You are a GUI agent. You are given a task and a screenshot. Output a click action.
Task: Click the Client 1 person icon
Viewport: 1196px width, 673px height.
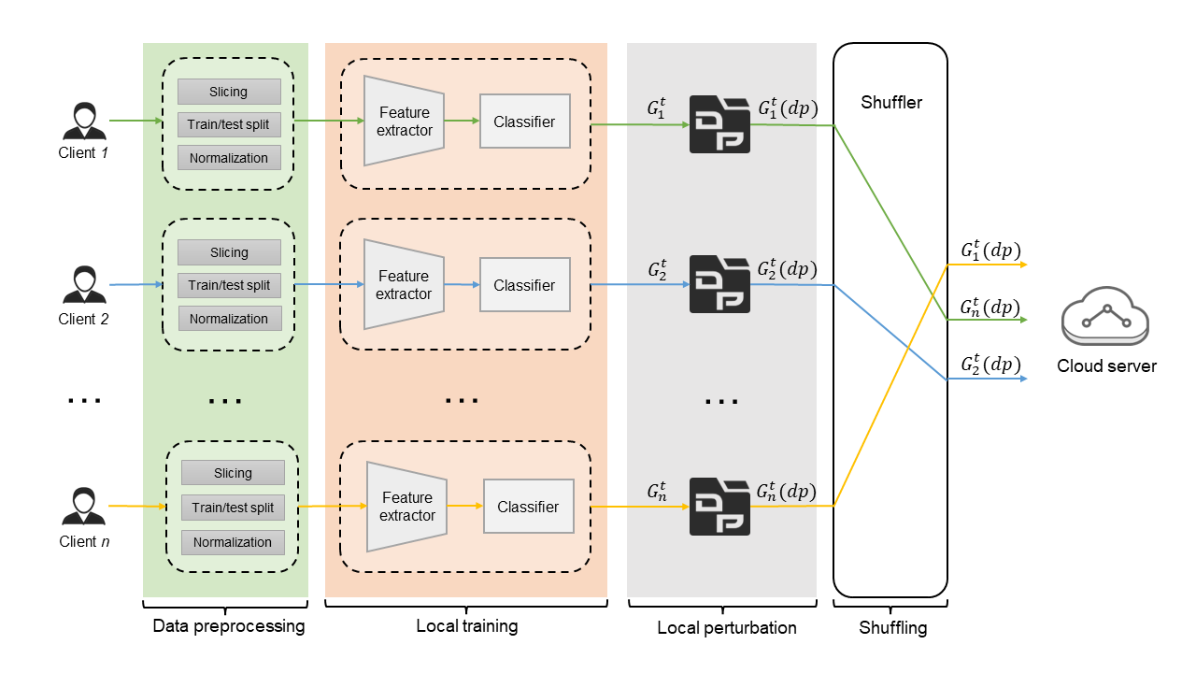click(x=84, y=122)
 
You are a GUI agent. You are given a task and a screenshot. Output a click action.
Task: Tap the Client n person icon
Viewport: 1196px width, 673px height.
click(x=84, y=508)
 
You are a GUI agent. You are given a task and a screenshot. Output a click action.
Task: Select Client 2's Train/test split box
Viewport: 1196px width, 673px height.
click(x=229, y=285)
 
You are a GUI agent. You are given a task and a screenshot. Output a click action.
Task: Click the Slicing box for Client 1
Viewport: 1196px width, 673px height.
click(x=229, y=92)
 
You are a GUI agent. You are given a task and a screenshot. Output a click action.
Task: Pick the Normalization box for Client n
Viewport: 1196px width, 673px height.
click(x=232, y=542)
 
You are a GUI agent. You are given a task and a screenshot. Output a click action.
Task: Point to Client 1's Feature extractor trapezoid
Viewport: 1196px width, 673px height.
click(x=404, y=121)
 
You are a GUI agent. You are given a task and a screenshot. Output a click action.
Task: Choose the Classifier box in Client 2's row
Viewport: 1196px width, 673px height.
click(x=524, y=285)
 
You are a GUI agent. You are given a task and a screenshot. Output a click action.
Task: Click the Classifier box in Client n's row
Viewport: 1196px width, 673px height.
click(x=528, y=507)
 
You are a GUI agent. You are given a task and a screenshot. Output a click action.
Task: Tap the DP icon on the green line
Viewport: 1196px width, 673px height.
click(x=719, y=124)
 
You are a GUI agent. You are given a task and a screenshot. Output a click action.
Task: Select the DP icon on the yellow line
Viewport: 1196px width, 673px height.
click(x=719, y=507)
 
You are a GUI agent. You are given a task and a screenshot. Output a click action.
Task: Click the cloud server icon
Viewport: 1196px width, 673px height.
click(x=1105, y=318)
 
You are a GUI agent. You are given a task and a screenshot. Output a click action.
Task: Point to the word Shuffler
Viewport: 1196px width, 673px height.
click(x=891, y=103)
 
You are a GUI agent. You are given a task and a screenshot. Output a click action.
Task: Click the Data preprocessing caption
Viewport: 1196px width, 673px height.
click(x=228, y=626)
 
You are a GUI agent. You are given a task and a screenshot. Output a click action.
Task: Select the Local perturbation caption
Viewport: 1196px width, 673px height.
click(x=727, y=627)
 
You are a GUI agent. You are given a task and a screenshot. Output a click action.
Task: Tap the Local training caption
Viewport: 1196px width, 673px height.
click(x=466, y=626)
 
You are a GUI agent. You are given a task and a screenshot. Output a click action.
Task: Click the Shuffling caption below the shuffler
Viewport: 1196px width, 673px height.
click(x=893, y=627)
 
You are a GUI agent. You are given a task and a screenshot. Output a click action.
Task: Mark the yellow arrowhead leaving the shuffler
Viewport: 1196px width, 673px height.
click(x=1023, y=265)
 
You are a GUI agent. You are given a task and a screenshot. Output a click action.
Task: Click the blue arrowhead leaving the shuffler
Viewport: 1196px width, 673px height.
click(x=1023, y=379)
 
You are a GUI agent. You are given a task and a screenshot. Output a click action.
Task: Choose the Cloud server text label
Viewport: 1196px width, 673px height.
click(x=1106, y=366)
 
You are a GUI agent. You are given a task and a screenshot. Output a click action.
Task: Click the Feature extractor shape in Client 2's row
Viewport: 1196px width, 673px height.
click(x=404, y=284)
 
